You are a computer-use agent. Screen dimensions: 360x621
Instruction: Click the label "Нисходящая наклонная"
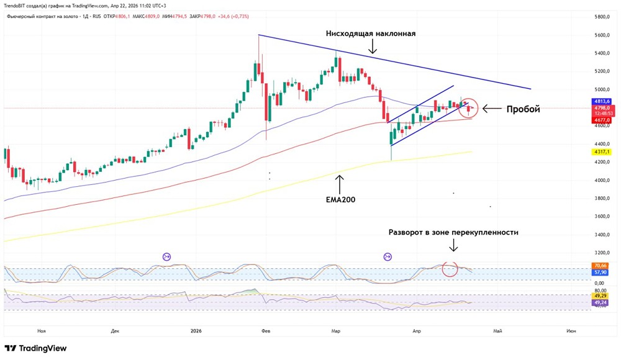click(x=370, y=33)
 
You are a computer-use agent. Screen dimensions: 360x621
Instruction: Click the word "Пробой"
click(x=524, y=109)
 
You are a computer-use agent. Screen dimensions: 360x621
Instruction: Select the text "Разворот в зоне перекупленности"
click(x=453, y=232)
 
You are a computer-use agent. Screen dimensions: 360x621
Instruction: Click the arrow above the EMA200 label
click(x=339, y=183)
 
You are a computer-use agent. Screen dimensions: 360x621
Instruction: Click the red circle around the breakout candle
click(x=469, y=108)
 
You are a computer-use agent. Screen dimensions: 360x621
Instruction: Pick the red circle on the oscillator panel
click(x=449, y=269)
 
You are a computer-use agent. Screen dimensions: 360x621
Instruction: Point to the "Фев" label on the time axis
click(x=266, y=331)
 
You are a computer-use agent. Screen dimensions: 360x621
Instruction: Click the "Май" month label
click(x=497, y=331)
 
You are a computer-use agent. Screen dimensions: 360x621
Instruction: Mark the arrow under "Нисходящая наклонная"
click(x=371, y=47)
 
